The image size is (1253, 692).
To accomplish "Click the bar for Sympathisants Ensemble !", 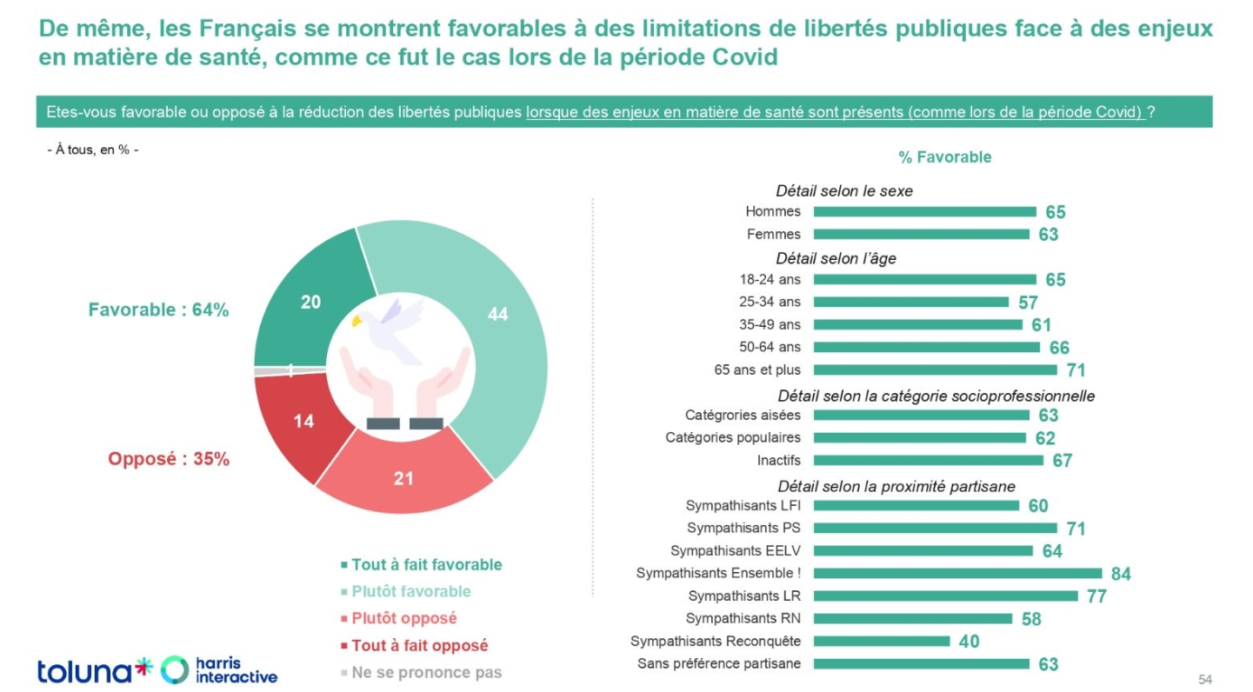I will point(957,573).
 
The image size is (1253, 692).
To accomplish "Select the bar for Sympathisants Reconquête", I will point(882,641).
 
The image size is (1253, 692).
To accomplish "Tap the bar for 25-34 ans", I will point(910,302).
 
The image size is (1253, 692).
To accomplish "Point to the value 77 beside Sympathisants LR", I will point(1096,596).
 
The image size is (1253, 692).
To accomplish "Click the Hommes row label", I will point(773,211).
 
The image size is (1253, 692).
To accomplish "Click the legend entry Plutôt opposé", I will point(403,618).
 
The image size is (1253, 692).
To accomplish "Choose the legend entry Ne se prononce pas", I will point(426,672).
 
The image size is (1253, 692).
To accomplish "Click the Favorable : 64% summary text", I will point(158,309).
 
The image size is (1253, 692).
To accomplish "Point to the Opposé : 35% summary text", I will point(169,459).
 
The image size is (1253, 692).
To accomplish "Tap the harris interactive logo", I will point(220,669).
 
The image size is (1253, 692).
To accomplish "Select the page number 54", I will point(1204,679).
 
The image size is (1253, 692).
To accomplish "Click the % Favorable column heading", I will point(944,157).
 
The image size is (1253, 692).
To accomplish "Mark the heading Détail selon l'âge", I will point(836,258).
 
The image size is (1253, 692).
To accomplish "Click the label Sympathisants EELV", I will point(736,550).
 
